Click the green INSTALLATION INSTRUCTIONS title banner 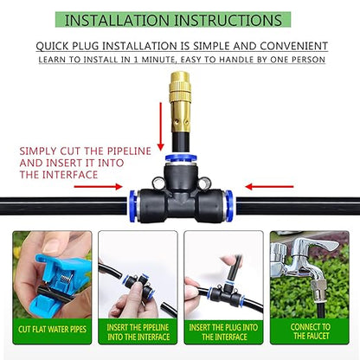tap(180, 19)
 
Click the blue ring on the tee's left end tap(132, 207)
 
